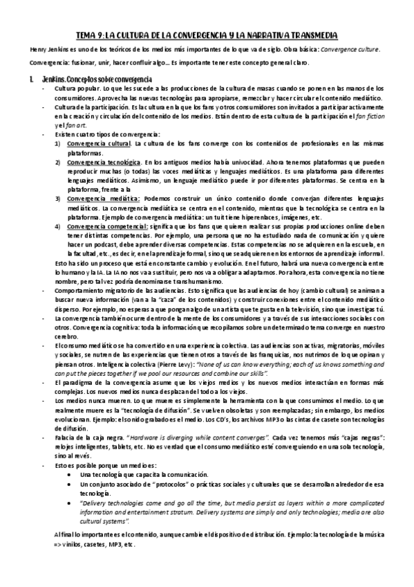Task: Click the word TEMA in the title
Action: pos(84,35)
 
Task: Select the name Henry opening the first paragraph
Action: pos(31,51)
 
